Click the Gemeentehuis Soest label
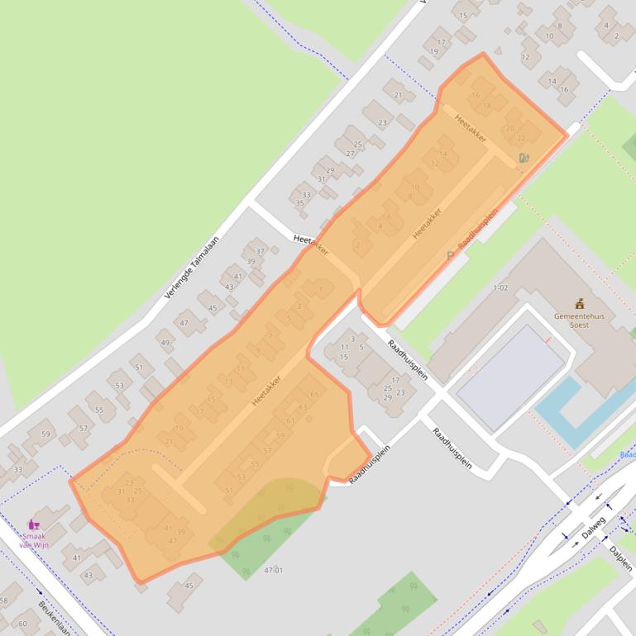(x=579, y=320)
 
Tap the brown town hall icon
(x=580, y=304)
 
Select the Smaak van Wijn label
(x=34, y=539)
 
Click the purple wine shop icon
(x=34, y=524)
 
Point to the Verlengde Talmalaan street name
(x=192, y=263)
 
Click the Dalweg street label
(x=593, y=528)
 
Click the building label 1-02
(x=500, y=287)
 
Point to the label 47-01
(x=273, y=570)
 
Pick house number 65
(x=314, y=395)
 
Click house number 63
(x=303, y=407)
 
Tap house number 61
(x=291, y=420)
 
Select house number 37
(x=261, y=251)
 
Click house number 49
(x=165, y=343)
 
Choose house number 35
(x=299, y=203)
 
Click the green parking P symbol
(x=451, y=255)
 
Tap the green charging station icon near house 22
(x=524, y=158)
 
